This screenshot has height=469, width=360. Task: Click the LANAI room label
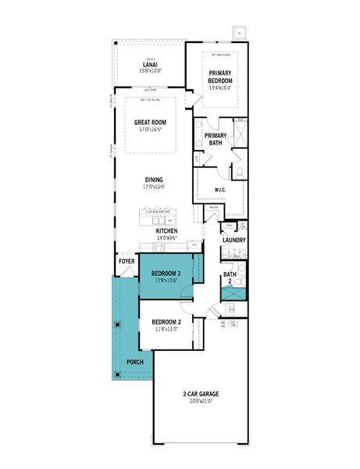(x=148, y=63)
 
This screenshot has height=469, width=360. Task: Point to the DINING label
(x=153, y=180)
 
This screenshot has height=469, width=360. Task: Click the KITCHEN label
(x=168, y=232)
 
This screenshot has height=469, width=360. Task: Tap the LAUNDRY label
(x=234, y=240)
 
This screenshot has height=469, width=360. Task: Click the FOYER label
(x=127, y=261)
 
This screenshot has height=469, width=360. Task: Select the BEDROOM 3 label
(x=166, y=273)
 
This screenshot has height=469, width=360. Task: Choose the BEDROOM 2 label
(x=166, y=321)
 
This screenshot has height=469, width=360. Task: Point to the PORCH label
(x=134, y=362)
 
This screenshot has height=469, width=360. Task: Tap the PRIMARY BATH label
(x=216, y=139)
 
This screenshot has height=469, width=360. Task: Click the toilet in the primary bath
(x=241, y=170)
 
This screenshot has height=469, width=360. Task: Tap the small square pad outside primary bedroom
(x=240, y=34)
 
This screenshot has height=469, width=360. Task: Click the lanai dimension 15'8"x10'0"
(x=148, y=70)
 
